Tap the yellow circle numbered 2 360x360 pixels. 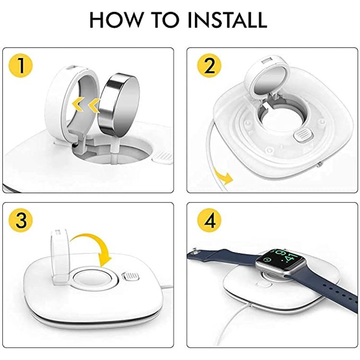click(x=210, y=66)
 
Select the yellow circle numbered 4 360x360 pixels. click(x=210, y=220)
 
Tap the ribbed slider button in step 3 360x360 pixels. click(x=130, y=277)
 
